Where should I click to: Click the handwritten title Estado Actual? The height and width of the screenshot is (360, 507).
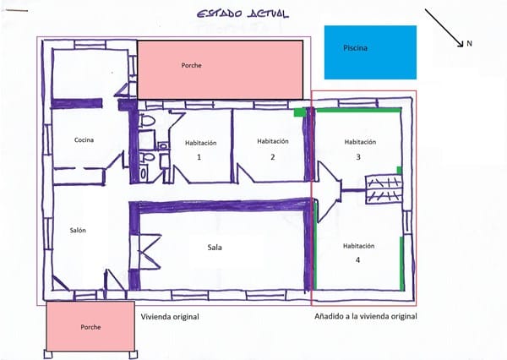coord(243,14)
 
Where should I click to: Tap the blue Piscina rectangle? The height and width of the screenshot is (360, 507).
coord(370,52)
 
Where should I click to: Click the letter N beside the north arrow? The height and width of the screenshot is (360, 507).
coord(469,43)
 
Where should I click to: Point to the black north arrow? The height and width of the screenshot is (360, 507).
coord(444,28)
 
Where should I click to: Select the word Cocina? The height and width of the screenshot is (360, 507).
coord(84,140)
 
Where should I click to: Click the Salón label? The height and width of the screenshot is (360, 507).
coord(78,231)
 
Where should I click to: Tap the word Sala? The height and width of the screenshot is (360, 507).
coord(215,248)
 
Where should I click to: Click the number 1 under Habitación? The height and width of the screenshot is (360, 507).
coord(199,157)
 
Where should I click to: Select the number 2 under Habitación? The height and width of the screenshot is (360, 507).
coord(273,157)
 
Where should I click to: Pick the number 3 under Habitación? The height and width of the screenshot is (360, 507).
coord(358,157)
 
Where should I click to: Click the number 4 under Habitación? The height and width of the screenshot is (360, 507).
coord(357,260)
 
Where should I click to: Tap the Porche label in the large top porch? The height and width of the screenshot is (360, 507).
coord(192,65)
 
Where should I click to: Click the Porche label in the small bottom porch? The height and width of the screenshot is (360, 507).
coord(90,327)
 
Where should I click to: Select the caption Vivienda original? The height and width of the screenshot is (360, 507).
coord(170,317)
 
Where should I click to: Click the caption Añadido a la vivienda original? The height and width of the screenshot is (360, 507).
coord(366,316)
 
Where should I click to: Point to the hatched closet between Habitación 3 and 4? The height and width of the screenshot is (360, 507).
coord(384,189)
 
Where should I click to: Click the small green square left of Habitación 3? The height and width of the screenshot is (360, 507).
coord(299,112)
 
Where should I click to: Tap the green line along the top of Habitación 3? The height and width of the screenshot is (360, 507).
coord(358,110)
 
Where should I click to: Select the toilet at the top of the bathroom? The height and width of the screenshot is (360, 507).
coord(147,121)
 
